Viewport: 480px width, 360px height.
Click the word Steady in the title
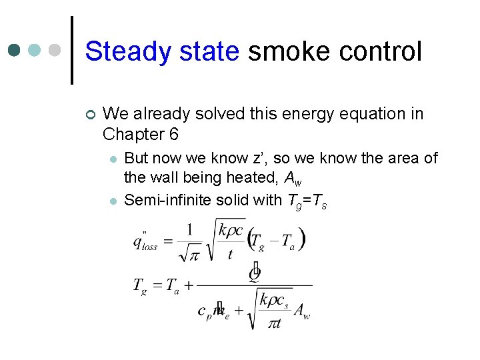(123, 52)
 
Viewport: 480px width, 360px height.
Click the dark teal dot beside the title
(15, 50)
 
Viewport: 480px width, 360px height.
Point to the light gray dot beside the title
(55, 50)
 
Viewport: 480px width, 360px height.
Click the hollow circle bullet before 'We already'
(91, 115)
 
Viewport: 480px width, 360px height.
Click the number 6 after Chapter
(174, 134)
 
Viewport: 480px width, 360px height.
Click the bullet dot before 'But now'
(113, 159)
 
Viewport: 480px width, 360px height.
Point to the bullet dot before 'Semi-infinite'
(113, 201)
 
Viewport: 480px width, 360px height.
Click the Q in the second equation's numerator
(254, 273)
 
